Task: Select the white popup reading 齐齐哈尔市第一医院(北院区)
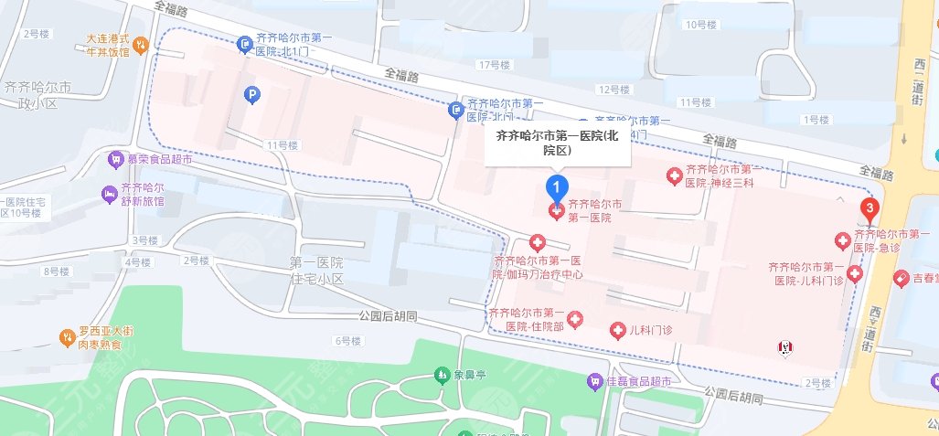click(x=557, y=143)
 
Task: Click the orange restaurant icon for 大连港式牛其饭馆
click(x=141, y=43)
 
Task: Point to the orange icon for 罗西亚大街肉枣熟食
click(x=67, y=338)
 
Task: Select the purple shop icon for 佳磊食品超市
click(x=595, y=379)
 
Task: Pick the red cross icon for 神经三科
click(x=674, y=174)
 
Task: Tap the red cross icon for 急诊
click(x=842, y=240)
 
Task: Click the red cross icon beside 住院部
click(x=575, y=318)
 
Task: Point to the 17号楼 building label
click(x=493, y=66)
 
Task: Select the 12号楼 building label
click(x=614, y=90)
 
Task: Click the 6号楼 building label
click(x=348, y=341)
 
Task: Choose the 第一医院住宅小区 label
click(x=315, y=270)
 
